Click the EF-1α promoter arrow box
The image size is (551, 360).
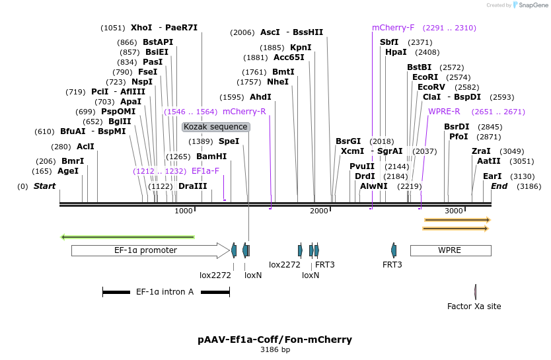click(145, 250)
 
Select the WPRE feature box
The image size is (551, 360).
click(450, 250)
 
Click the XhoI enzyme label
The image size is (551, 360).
click(141, 28)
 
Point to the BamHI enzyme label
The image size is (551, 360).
click(211, 157)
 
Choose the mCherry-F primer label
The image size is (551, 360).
click(393, 28)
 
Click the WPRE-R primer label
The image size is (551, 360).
click(444, 111)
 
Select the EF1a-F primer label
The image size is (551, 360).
click(205, 170)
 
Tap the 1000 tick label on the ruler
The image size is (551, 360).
click(183, 211)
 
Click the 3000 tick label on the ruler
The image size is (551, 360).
click(453, 211)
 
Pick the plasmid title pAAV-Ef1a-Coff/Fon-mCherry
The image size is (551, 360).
click(275, 340)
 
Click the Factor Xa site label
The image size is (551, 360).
click(474, 306)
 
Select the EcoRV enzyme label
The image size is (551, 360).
click(431, 87)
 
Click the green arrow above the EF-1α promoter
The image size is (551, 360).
click(128, 236)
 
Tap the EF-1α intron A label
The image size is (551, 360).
click(165, 291)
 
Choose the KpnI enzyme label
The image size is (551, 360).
click(301, 48)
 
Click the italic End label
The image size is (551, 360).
click(499, 186)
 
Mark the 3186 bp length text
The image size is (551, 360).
click(275, 350)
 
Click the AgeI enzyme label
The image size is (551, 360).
click(67, 170)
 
